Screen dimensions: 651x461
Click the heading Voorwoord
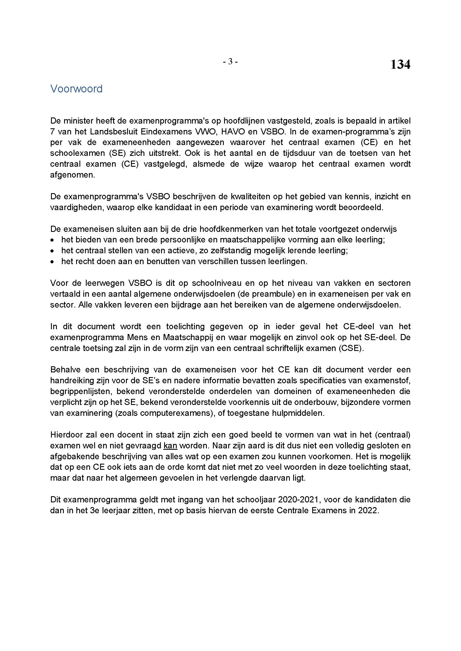tap(76, 89)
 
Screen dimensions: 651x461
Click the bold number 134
tap(400, 65)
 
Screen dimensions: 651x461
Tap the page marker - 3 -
tap(230, 62)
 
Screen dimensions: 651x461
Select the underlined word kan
tap(170, 446)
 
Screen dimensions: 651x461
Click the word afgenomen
tap(72, 175)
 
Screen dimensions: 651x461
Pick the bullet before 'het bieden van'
tap(52, 240)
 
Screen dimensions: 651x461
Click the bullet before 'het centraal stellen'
tap(52, 251)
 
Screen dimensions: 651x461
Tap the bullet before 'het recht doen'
tap(52, 262)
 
